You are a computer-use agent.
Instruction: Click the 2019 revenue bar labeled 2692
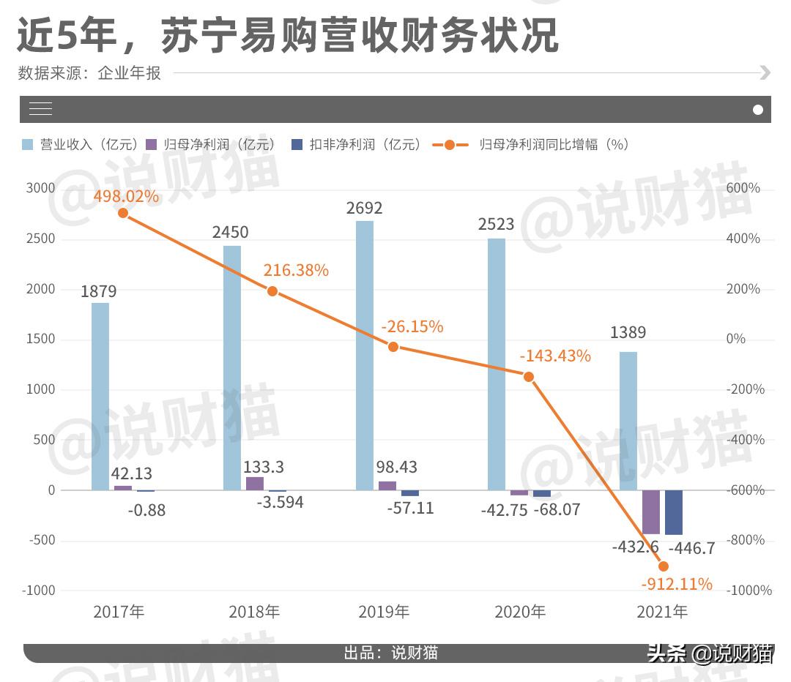click(x=365, y=355)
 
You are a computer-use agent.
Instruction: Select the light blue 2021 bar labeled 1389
click(x=628, y=421)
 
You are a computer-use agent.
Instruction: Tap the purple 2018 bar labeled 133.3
click(x=255, y=483)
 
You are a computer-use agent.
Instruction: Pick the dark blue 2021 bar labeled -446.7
click(x=673, y=512)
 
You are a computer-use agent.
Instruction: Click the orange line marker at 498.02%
click(x=123, y=213)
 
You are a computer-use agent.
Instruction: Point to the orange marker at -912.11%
click(x=664, y=566)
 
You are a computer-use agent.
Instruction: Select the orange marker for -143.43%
click(x=529, y=376)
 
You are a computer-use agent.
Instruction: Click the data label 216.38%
click(x=296, y=270)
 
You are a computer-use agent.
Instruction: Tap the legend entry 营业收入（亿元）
click(x=81, y=145)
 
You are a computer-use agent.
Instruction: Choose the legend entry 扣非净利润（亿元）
click(x=357, y=145)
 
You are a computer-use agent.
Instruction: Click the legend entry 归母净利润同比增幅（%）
click(x=532, y=145)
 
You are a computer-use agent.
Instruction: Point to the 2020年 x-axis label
click(x=520, y=612)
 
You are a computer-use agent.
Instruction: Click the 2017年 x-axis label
click(x=119, y=612)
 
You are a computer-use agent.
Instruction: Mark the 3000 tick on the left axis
click(x=41, y=188)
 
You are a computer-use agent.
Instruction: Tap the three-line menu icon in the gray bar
click(x=40, y=110)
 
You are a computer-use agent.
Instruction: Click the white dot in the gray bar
click(x=758, y=110)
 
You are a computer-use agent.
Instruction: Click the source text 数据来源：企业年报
click(x=89, y=72)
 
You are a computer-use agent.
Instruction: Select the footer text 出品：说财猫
click(x=391, y=653)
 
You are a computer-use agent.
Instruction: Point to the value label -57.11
click(x=411, y=507)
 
